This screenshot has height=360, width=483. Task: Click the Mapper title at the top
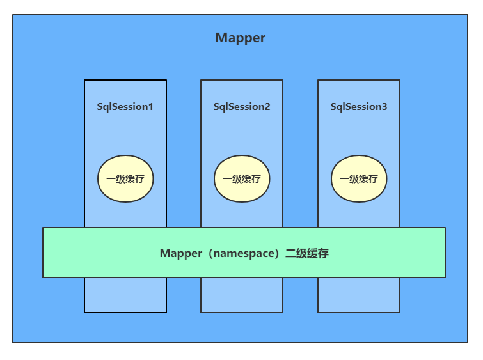pos(240,38)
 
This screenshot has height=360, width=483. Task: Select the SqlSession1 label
pos(125,107)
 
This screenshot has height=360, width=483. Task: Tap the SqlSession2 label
pos(242,107)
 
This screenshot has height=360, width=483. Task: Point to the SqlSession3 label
pos(358,107)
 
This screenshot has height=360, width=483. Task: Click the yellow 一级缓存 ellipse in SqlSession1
pos(125,179)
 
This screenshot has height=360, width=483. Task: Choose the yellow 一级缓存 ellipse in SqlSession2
pos(242,179)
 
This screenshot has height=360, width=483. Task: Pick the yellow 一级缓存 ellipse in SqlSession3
pos(359,179)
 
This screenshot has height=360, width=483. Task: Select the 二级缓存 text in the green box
pos(310,253)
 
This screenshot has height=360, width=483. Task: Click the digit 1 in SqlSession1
pos(150,107)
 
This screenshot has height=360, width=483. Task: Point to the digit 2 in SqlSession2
pos(267,107)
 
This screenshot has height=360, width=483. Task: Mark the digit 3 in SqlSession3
pos(384,107)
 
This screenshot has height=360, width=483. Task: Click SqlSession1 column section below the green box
pos(125,295)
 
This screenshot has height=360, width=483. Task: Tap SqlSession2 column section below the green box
pos(242,295)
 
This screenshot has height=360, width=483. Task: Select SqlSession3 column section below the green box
pos(359,295)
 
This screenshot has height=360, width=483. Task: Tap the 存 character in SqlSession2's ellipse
pos(256,179)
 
